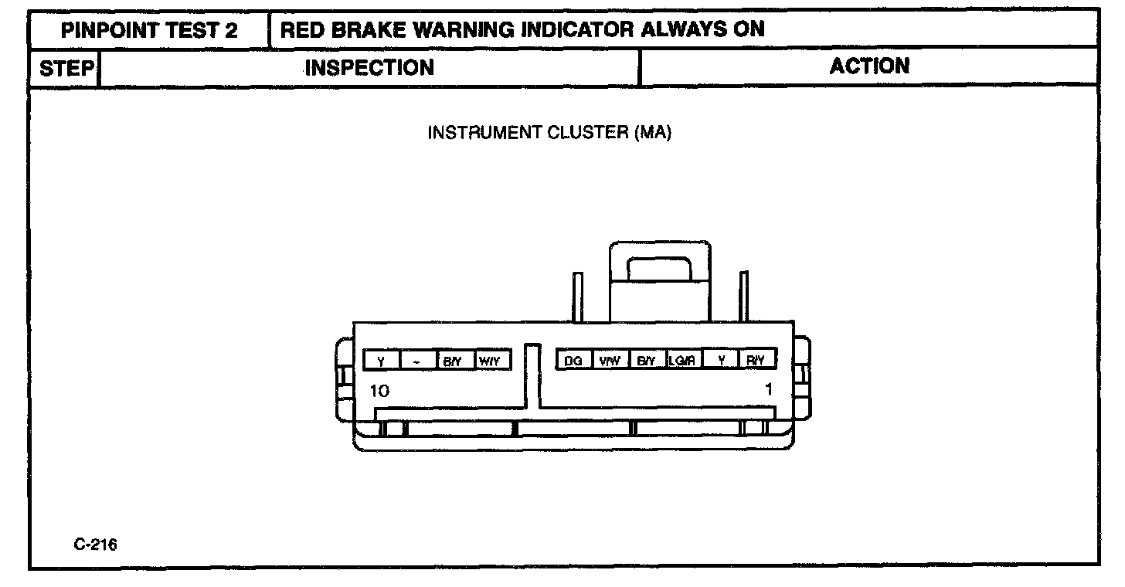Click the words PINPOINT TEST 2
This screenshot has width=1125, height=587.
(149, 30)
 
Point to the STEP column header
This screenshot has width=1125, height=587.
(66, 68)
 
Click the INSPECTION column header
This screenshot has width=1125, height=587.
(369, 68)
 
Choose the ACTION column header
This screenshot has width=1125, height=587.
(869, 66)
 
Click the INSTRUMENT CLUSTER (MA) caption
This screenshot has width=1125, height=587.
(550, 133)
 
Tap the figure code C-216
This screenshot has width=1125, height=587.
(96, 545)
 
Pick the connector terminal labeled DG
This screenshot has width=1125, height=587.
(573, 361)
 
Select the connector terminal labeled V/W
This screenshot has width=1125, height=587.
(610, 361)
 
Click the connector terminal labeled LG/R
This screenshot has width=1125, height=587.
(684, 361)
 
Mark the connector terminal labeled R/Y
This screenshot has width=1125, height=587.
(756, 361)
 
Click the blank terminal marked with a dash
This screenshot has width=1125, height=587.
(418, 361)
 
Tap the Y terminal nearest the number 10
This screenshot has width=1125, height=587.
(382, 361)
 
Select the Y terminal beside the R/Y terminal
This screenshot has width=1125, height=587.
(721, 361)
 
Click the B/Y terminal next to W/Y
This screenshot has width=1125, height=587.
(454, 361)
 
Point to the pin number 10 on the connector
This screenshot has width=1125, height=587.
(379, 391)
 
